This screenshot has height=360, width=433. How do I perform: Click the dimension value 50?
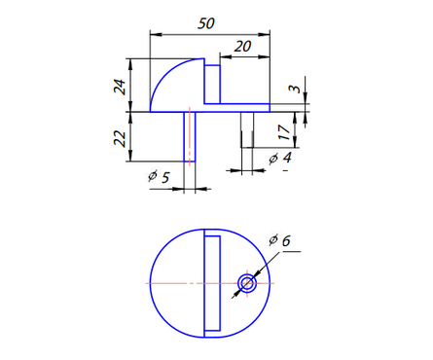click(x=205, y=22)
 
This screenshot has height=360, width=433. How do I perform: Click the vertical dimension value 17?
click(x=282, y=129)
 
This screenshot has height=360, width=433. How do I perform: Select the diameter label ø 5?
click(x=159, y=176)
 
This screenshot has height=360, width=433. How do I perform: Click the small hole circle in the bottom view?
click(x=247, y=283)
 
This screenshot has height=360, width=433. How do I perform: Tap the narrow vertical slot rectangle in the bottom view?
click(x=212, y=283)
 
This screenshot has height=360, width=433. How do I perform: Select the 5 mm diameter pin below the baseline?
click(x=190, y=136)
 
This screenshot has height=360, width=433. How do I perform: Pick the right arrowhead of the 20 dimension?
click(x=267, y=45)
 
